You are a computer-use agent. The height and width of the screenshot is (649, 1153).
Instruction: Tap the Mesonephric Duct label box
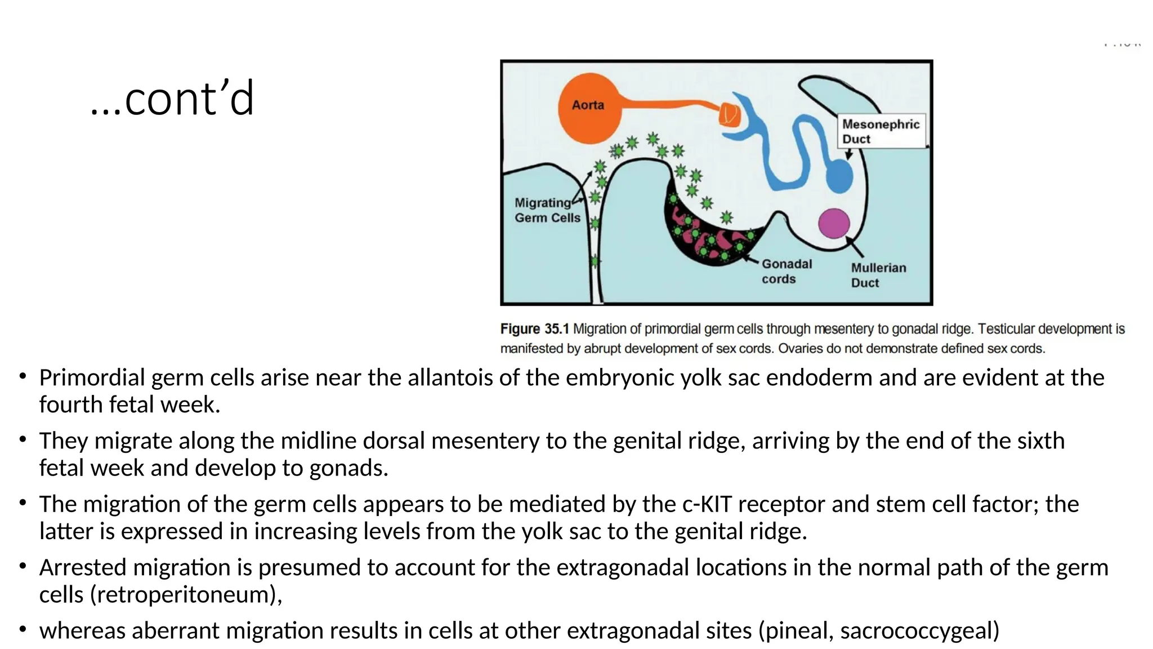(881, 132)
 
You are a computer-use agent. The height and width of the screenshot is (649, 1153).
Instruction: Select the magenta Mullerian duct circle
(834, 223)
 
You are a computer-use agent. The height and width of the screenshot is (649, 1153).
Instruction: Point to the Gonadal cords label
(786, 272)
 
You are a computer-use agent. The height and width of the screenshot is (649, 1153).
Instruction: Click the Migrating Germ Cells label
(547, 210)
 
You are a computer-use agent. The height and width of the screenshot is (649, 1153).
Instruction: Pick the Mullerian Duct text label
(878, 275)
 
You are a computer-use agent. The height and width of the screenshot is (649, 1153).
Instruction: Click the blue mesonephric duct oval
(839, 176)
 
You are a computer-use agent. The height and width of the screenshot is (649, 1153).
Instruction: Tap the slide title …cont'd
(172, 99)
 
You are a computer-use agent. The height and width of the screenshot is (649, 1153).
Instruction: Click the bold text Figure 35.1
(534, 329)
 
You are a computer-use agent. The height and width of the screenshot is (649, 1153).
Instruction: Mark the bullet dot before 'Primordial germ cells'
(23, 376)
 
